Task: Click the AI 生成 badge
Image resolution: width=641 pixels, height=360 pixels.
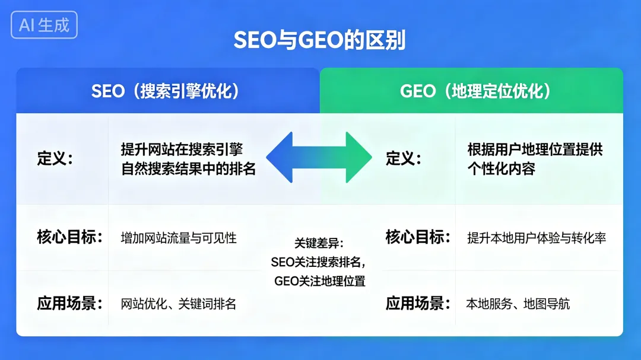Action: click(44, 25)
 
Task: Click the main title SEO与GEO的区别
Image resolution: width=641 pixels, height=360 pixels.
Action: click(319, 41)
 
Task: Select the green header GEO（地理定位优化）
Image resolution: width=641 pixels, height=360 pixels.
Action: click(475, 91)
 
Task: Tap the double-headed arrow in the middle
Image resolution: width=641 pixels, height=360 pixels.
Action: click(319, 157)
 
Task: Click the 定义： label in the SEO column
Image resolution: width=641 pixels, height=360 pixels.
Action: click(55, 159)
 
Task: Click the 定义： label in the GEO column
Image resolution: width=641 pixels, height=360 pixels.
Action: click(404, 159)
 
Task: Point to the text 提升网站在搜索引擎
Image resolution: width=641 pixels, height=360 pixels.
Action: click(182, 149)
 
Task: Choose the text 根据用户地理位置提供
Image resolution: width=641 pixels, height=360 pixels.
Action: click(535, 149)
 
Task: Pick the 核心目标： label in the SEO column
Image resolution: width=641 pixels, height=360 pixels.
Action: click(69, 237)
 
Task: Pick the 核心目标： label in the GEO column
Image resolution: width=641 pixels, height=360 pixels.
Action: click(418, 237)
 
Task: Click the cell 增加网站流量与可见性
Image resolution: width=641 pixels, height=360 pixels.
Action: click(179, 238)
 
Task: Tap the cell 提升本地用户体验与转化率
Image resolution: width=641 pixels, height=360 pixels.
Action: click(537, 238)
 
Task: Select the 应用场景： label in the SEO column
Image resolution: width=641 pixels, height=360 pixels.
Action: click(69, 304)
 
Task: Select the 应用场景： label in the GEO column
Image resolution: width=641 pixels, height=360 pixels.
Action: click(418, 304)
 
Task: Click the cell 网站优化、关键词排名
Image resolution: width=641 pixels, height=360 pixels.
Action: click(179, 304)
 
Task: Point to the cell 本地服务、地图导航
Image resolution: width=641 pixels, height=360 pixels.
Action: click(518, 304)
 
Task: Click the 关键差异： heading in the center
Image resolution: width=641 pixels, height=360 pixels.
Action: click(319, 243)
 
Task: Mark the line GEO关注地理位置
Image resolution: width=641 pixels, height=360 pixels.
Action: click(319, 281)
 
